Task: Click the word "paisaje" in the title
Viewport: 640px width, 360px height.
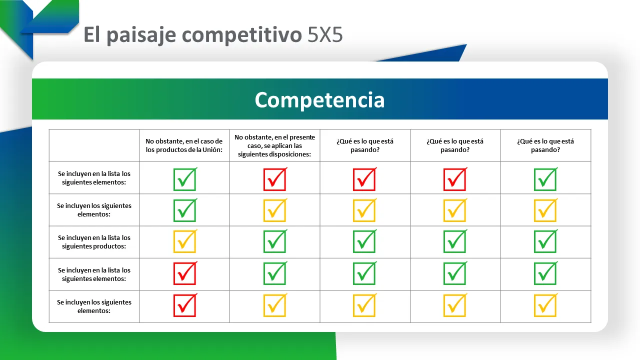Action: click(x=141, y=35)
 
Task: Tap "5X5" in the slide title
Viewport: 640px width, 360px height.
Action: click(x=325, y=35)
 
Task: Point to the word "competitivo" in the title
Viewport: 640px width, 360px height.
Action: click(x=241, y=35)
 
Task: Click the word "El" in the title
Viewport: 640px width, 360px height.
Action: click(x=91, y=34)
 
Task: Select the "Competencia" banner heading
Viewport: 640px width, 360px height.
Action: click(x=319, y=99)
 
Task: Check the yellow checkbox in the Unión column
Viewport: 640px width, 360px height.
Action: click(x=185, y=241)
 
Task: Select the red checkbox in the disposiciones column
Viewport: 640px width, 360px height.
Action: click(x=275, y=179)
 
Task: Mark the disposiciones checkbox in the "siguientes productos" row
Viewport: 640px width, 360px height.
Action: click(x=275, y=241)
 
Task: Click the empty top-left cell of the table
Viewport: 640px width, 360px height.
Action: click(x=94, y=145)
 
